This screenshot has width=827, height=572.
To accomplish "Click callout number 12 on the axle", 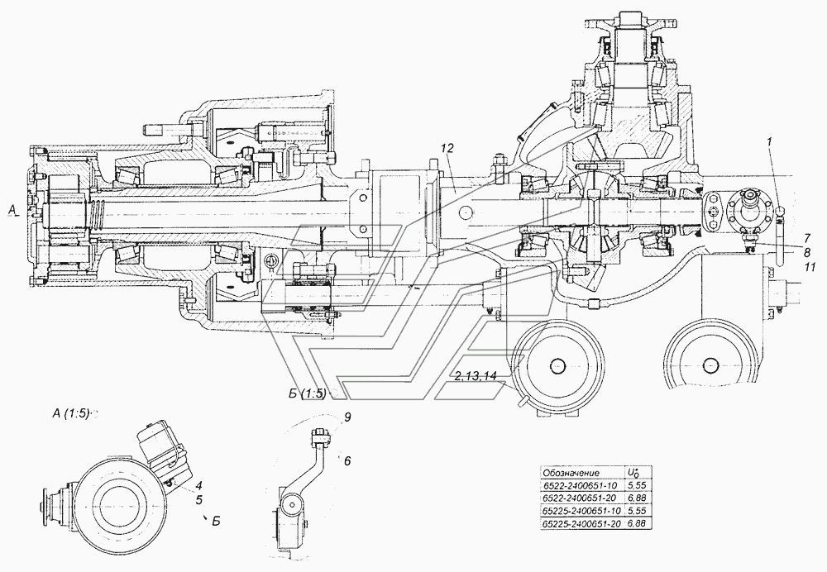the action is coord(447,149).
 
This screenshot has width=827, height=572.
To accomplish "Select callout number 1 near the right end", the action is coord(770,141).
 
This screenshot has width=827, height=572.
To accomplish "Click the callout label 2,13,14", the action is coord(476,375).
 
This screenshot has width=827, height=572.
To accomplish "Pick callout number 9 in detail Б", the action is coord(346,417).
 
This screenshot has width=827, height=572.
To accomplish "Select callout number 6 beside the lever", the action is coord(347,460).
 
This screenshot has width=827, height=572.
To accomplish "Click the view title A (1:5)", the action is coord(70,414).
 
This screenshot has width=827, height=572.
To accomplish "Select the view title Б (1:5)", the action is coord(307,393).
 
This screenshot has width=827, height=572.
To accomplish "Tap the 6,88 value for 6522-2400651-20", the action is coord(636,498).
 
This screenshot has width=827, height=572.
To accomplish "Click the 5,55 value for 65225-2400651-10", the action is coord(636,511).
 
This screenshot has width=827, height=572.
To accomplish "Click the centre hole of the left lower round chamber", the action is coord(557,365).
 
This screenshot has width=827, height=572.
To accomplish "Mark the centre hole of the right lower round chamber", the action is coord(711,365).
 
